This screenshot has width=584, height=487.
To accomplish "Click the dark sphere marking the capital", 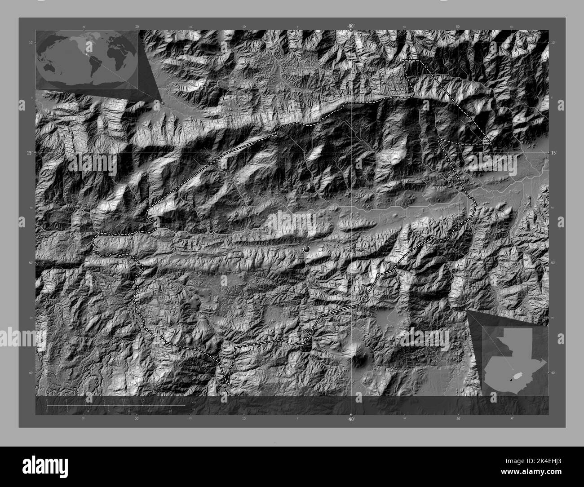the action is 307,248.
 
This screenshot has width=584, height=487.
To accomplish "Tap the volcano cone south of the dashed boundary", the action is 359,358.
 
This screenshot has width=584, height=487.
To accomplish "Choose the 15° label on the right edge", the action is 553,153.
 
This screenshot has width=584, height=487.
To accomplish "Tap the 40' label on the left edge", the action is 31,372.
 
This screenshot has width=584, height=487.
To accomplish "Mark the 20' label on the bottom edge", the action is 137,418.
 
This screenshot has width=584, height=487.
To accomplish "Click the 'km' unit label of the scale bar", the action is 194,402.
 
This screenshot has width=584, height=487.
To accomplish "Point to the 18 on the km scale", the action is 162,400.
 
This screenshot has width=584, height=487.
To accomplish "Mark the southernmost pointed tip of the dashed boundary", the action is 228,384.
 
